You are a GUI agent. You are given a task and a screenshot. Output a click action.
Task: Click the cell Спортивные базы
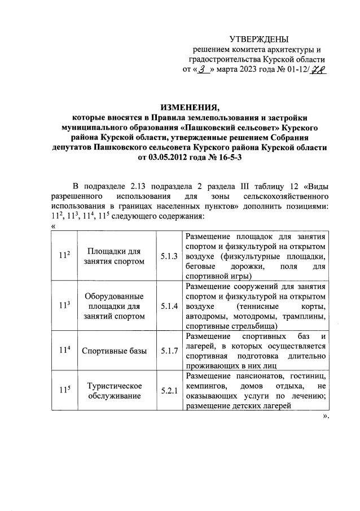[114, 351]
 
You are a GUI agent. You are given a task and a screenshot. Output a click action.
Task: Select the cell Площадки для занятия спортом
[114, 256]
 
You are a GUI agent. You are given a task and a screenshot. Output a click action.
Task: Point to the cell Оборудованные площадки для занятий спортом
[114, 307]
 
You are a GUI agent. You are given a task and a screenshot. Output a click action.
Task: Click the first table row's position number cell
[65, 256]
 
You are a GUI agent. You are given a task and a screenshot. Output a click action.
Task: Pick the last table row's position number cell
[65, 390]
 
